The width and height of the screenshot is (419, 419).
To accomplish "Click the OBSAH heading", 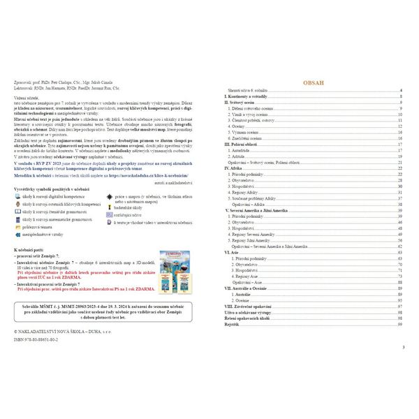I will tap(314, 82).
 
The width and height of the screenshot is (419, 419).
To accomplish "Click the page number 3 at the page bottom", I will tap(404, 347).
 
